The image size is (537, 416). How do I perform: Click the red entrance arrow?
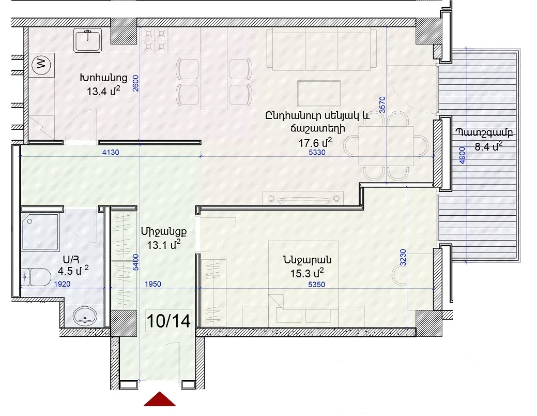pos(160,399)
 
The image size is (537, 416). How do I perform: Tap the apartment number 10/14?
pos(168,321)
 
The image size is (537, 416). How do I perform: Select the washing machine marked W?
pos(41,64)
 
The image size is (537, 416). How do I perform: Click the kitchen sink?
pos(88,40)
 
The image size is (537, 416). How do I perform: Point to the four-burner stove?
pos(155,40)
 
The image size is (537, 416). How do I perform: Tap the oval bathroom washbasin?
pos(85,316)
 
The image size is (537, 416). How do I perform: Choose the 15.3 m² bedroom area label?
pos(307,273)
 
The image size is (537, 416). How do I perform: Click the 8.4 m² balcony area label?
pos(489,147)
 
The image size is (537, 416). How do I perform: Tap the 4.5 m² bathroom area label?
pos(73,271)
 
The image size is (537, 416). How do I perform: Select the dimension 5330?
pos(317,152)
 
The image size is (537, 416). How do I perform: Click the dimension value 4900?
pos(462,155)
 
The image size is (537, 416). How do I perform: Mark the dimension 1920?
pos(62,284)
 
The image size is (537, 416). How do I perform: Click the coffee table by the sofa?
pos(319,93)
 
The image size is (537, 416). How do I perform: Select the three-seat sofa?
pos(321,50)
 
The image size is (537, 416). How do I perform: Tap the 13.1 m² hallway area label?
pos(164,245)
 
